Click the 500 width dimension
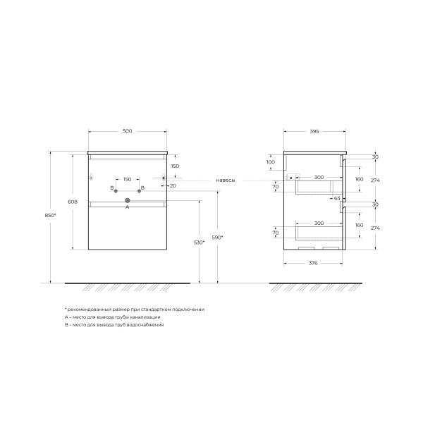[127, 131]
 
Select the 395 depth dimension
[314, 131]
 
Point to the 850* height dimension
[46, 216]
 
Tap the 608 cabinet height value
[68, 201]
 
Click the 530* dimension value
[199, 243]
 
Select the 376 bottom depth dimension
[314, 264]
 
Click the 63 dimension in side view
[337, 199]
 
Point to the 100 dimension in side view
[271, 162]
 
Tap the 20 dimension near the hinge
[173, 186]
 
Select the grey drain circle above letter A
[128, 200]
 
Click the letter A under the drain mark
[128, 208]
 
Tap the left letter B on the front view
[111, 188]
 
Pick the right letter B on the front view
[142, 188]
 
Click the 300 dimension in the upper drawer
[319, 178]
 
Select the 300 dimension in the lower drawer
[319, 223]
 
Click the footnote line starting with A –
[112, 317]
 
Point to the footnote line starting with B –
[114, 325]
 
